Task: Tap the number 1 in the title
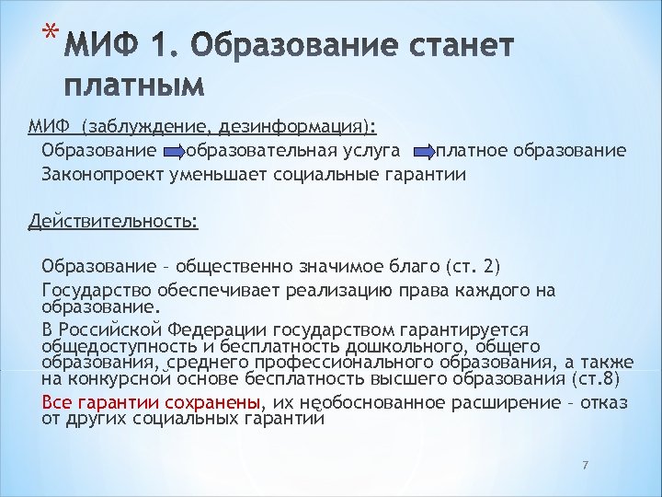(x=162, y=47)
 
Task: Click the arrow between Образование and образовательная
(x=173, y=150)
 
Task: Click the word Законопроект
(x=100, y=173)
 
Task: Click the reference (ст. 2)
(x=473, y=268)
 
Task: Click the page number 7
(x=584, y=465)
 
